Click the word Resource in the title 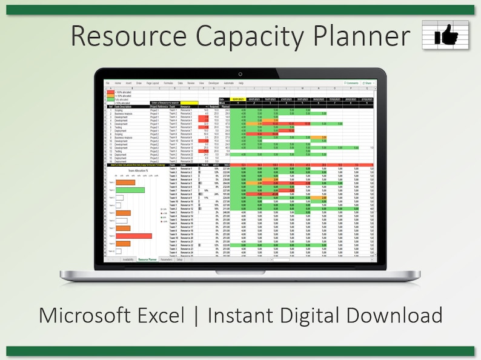coord(126,36)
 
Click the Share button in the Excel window coord(366,83)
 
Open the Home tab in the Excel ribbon coord(118,83)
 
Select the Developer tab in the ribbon coord(213,83)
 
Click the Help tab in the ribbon coord(241,83)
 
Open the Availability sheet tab coord(128,259)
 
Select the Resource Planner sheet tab coord(148,259)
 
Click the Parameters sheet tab coord(166,259)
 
